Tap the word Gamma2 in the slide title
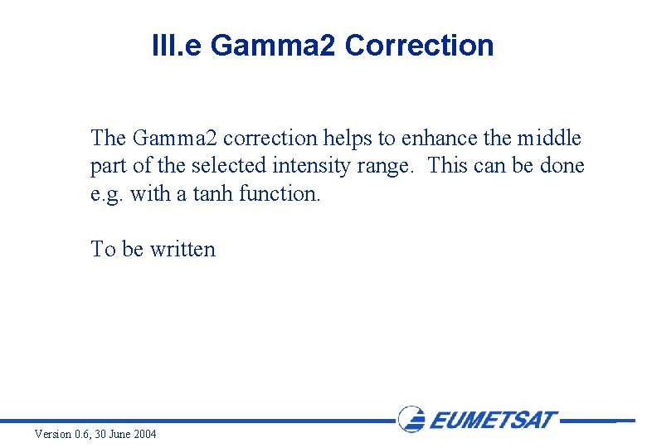pyautogui.click(x=274, y=46)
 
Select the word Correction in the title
pyautogui.click(x=419, y=46)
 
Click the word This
pyautogui.click(x=447, y=166)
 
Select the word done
pyautogui.click(x=562, y=166)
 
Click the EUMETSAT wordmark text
pyautogui.click(x=493, y=420)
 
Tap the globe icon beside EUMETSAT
pyautogui.click(x=412, y=419)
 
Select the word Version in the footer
pyautogui.click(x=53, y=435)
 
